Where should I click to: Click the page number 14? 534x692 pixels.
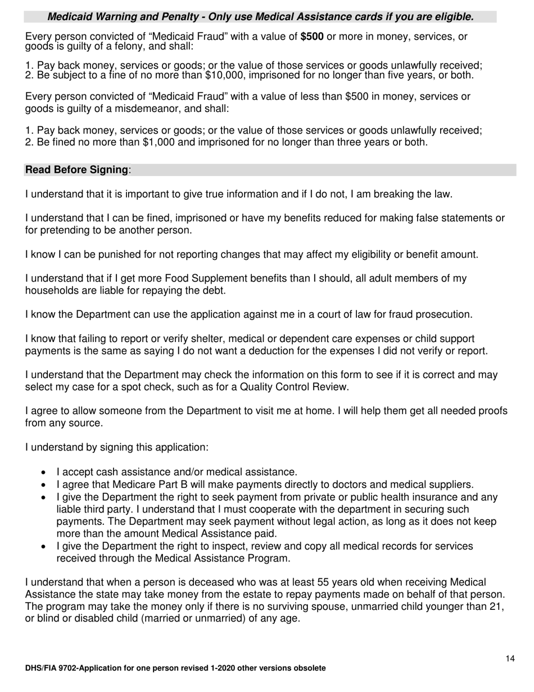pyautogui.click(x=510, y=659)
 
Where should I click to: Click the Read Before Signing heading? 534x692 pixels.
pyautogui.click(x=77, y=170)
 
